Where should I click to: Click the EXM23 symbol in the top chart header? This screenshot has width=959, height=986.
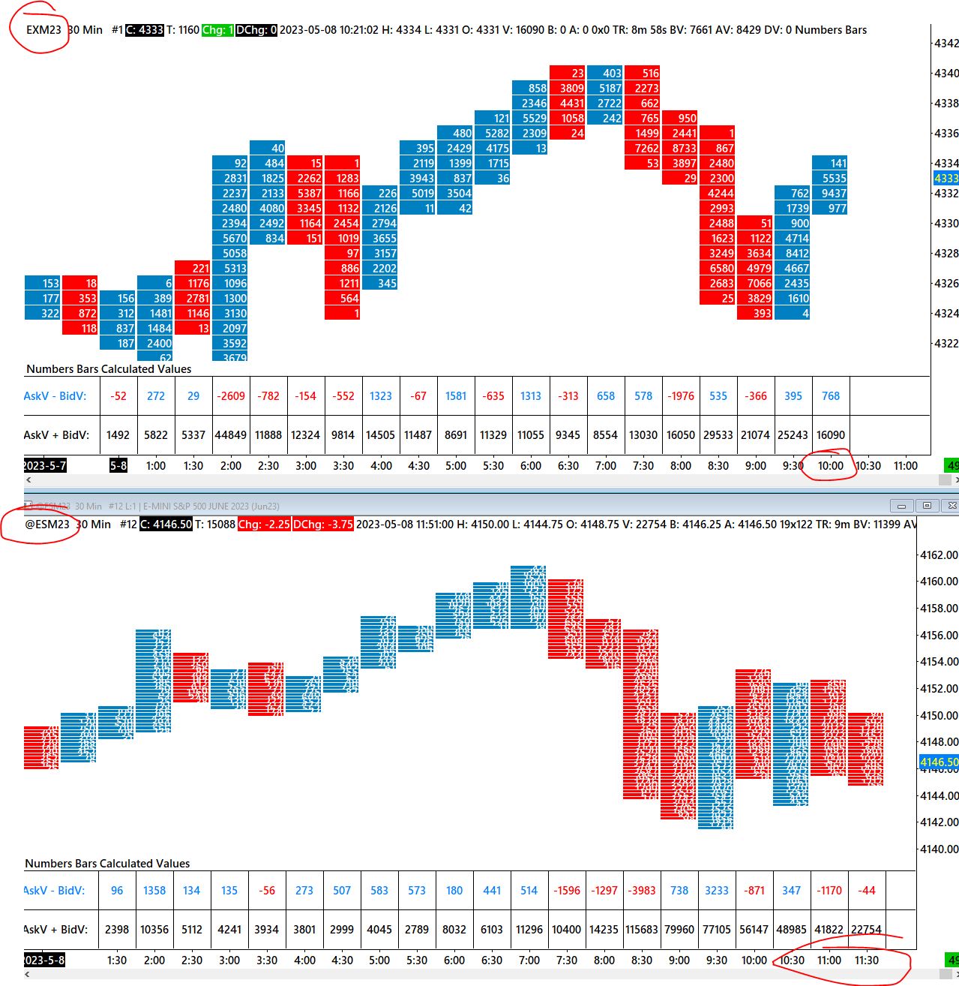[x=43, y=30]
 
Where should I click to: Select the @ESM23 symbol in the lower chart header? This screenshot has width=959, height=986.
[x=47, y=525]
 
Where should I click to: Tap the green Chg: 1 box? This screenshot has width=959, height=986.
[x=217, y=30]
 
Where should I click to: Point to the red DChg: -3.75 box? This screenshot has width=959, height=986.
[x=322, y=525]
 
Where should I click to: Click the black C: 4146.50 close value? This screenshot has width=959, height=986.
[x=166, y=525]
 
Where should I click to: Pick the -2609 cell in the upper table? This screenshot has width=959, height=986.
[x=231, y=396]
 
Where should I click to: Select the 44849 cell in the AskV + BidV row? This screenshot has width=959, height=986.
[x=231, y=435]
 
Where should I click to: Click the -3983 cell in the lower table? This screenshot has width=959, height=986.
[x=642, y=891]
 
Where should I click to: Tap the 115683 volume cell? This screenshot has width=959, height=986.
[x=642, y=930]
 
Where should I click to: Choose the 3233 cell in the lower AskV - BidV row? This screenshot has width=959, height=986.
[x=717, y=891]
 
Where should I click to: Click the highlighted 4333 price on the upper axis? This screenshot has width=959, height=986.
[x=946, y=179]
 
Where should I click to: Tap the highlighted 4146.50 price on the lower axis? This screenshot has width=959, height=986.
[x=939, y=762]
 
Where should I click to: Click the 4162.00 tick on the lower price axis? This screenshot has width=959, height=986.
[x=939, y=555]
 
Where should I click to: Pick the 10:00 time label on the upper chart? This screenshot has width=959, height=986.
[x=831, y=466]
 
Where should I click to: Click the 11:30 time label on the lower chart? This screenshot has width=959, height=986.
[x=867, y=960]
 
